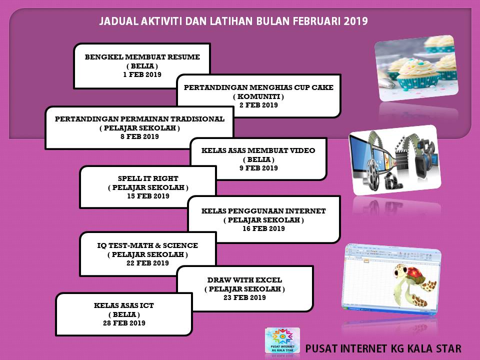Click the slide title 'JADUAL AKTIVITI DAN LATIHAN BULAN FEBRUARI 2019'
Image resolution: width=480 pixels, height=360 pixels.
click(x=233, y=21)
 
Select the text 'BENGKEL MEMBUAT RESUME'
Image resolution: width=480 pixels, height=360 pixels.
click(x=142, y=57)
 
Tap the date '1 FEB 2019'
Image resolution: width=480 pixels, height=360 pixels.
click(x=142, y=74)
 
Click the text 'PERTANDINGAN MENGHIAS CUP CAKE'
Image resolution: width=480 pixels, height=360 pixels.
click(x=258, y=87)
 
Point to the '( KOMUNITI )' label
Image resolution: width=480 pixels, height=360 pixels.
click(x=258, y=96)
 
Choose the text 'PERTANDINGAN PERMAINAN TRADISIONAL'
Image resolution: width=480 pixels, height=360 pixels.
click(x=139, y=119)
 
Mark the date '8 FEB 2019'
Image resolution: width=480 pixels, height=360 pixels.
click(x=139, y=136)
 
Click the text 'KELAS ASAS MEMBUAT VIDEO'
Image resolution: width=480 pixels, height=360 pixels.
click(x=258, y=150)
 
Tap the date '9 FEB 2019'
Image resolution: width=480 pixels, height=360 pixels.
click(x=258, y=168)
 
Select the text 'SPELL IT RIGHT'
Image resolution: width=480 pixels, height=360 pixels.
click(x=148, y=178)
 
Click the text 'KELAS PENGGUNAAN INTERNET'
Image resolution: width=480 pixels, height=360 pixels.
click(x=263, y=211)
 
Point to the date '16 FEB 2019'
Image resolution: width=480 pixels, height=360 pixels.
click(x=263, y=228)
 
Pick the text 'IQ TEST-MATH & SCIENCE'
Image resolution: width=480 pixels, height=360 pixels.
click(x=147, y=245)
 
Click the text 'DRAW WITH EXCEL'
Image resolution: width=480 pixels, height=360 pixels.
click(x=244, y=280)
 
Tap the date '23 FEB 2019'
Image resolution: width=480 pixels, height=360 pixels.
click(x=244, y=297)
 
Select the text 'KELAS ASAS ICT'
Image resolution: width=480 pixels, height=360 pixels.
click(x=124, y=305)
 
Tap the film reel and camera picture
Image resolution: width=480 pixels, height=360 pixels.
click(x=394, y=160)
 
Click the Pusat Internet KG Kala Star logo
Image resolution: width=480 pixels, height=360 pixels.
click(x=282, y=340)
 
